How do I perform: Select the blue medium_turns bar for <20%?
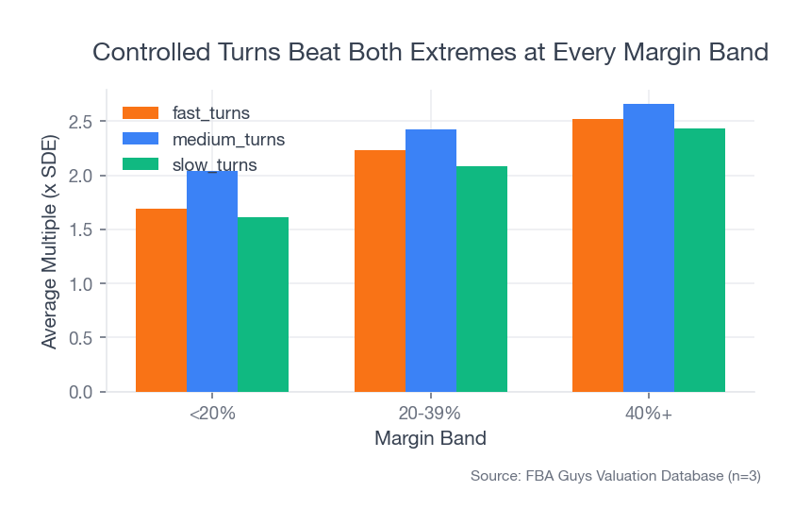pyautogui.click(x=212, y=283)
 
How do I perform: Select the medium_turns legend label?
pyautogui.click(x=228, y=140)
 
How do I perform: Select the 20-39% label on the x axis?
pyautogui.click(x=430, y=414)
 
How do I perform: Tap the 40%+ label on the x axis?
pyautogui.click(x=649, y=414)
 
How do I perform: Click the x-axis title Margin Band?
pyautogui.click(x=430, y=439)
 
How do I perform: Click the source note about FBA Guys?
pyautogui.click(x=615, y=477)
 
